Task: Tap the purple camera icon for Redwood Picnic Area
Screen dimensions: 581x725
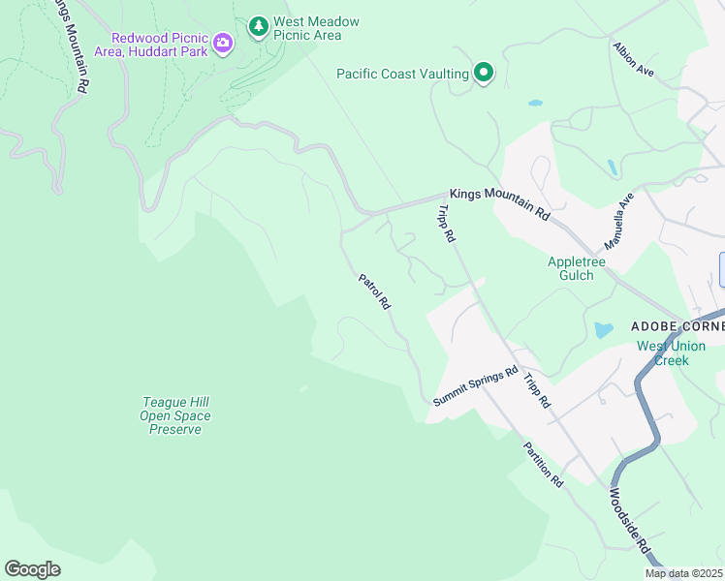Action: (x=224, y=43)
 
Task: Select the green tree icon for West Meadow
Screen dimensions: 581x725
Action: (x=258, y=27)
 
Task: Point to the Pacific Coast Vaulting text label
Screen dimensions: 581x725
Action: (x=402, y=74)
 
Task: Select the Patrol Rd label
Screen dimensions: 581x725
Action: (x=374, y=291)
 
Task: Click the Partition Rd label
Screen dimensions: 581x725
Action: (x=543, y=463)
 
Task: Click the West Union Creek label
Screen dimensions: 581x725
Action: (x=671, y=352)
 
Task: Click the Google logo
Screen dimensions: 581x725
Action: (x=32, y=568)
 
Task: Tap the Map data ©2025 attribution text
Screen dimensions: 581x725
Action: (x=684, y=573)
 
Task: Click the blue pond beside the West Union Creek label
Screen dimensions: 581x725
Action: (x=603, y=330)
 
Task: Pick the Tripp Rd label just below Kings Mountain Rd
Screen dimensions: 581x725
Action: (x=446, y=223)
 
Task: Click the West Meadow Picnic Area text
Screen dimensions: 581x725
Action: (x=316, y=28)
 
